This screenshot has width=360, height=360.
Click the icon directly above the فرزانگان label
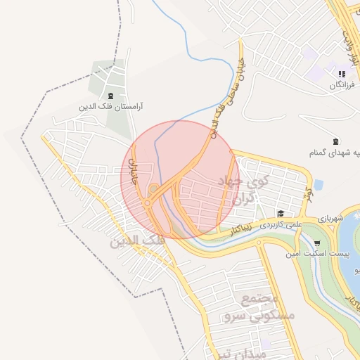click(x=342, y=74)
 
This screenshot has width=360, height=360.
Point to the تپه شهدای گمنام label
click(x=335, y=153)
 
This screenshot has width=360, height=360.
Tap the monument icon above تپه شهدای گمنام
click(x=335, y=141)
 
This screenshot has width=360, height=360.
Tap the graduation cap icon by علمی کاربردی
click(x=281, y=214)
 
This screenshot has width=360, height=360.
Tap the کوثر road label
click(x=307, y=195)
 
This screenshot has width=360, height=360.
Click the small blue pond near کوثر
click(x=319, y=186)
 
